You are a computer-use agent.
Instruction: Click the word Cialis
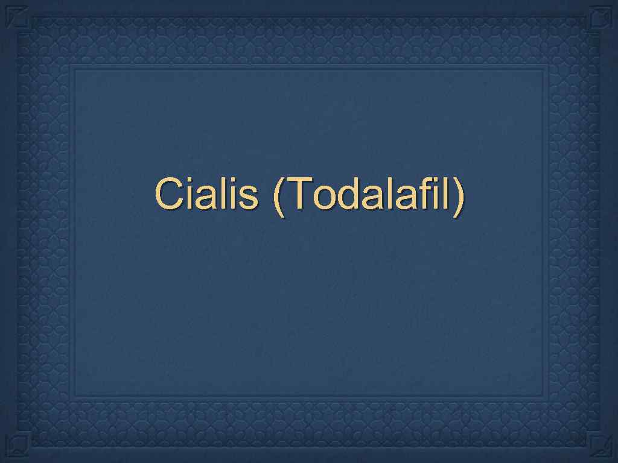206,194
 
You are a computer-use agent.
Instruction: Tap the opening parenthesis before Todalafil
278,196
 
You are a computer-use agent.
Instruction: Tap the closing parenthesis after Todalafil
460,196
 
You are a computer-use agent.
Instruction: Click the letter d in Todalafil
345,194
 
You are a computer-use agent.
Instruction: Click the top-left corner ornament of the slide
17,16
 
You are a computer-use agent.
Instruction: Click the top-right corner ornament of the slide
601,16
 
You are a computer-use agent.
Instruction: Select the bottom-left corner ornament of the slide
17,447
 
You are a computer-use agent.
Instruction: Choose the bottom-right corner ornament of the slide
601,447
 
